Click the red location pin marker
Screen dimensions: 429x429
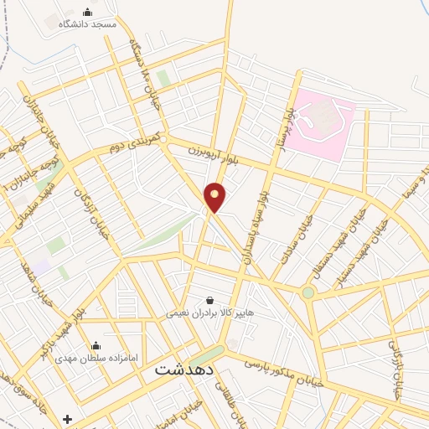(x=215, y=196)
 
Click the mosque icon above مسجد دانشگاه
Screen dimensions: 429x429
(x=88, y=10)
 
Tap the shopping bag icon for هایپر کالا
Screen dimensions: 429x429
(x=209, y=300)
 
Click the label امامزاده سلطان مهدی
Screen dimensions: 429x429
(x=95, y=357)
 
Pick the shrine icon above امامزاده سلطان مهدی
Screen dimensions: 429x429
(x=95, y=345)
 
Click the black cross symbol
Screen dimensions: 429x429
(x=68, y=419)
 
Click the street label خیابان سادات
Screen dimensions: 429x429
(x=302, y=239)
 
